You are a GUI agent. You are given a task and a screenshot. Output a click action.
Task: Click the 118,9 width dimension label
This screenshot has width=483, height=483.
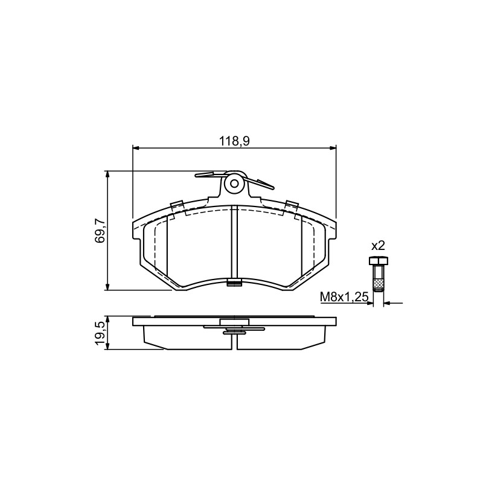(x=234, y=141)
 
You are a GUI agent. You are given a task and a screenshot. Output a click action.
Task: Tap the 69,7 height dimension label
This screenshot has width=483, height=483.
(x=100, y=231)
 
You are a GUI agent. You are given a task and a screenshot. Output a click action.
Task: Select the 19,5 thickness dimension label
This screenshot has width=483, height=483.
(x=100, y=333)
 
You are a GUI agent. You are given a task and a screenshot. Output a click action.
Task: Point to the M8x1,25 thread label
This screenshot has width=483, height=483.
(x=344, y=297)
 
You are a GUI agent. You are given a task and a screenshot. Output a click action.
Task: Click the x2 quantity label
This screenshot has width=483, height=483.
(x=378, y=246)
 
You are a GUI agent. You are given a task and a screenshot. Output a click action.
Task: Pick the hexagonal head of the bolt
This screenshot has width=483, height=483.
(x=379, y=261)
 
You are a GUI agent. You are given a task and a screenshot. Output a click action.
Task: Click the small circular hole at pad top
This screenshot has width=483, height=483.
(x=234, y=184)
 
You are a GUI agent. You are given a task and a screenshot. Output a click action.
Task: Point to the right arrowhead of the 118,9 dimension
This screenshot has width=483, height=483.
(x=333, y=148)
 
